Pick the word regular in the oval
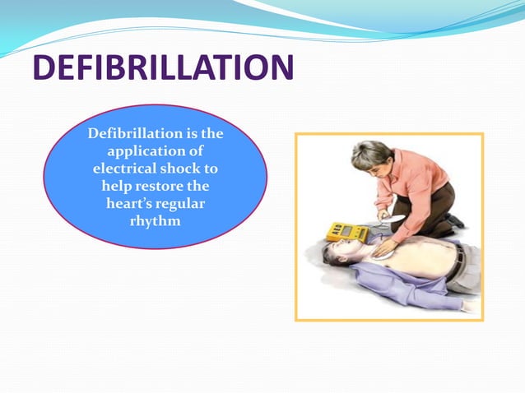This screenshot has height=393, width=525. point(181,203)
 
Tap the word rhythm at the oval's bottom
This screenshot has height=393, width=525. point(155,220)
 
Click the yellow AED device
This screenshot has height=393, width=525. point(347,232)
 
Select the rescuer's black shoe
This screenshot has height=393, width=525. point(457,220)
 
